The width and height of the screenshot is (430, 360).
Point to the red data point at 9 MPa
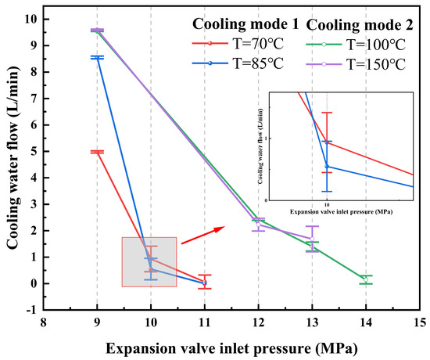(x=97, y=152)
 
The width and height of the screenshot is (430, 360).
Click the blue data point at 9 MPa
(x=97, y=57)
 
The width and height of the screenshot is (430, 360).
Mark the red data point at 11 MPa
(x=204, y=283)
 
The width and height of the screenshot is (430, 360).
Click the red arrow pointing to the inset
(x=204, y=235)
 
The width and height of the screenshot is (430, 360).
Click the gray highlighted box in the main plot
(x=149, y=261)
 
